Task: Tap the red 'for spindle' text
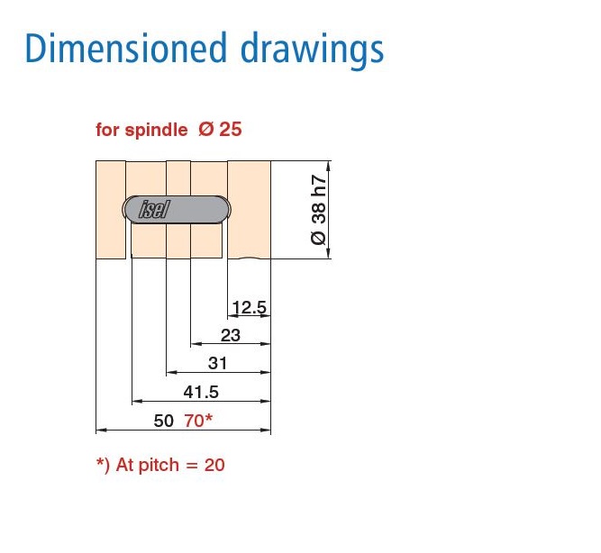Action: pos(142,130)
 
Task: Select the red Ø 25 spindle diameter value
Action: pos(220,130)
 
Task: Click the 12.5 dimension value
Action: pos(250,308)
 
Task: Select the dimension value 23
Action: pos(231,335)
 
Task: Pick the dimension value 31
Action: pos(218,363)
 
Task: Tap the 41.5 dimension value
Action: pos(201,392)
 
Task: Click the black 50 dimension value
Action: pos(164,420)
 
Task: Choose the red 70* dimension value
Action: pos(197,420)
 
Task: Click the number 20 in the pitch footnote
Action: pos(214,466)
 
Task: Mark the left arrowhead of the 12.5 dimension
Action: pos(232,317)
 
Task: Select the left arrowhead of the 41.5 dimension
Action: pos(136,400)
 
